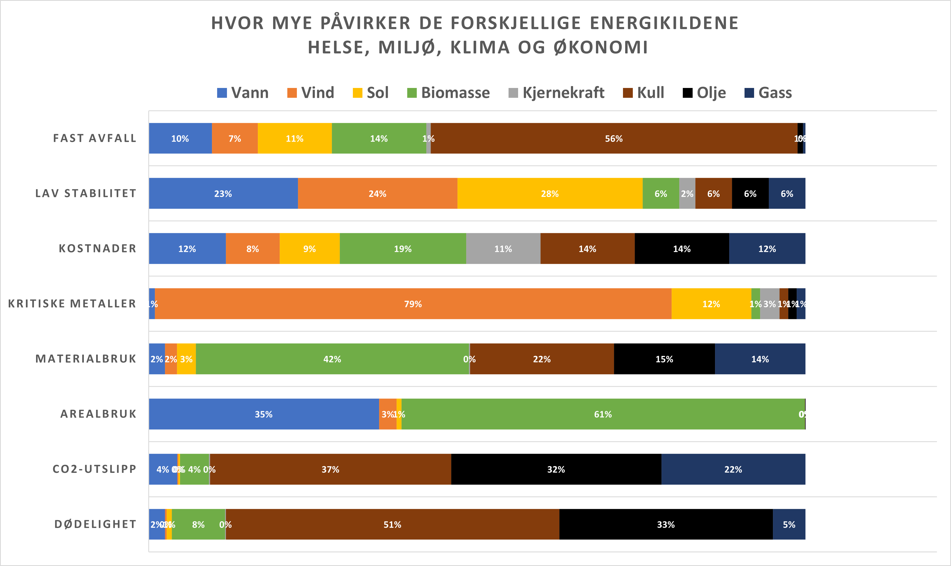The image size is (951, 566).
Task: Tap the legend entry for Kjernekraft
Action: [x=557, y=93]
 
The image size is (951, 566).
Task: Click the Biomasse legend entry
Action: [x=449, y=93]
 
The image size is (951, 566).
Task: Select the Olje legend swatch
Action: [x=687, y=93]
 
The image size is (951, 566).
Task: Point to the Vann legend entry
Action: [x=243, y=93]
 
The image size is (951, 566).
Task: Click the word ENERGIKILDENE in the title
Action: [x=664, y=23]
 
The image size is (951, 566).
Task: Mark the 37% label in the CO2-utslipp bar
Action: [x=330, y=470]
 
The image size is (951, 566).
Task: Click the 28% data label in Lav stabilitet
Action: [x=550, y=194]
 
